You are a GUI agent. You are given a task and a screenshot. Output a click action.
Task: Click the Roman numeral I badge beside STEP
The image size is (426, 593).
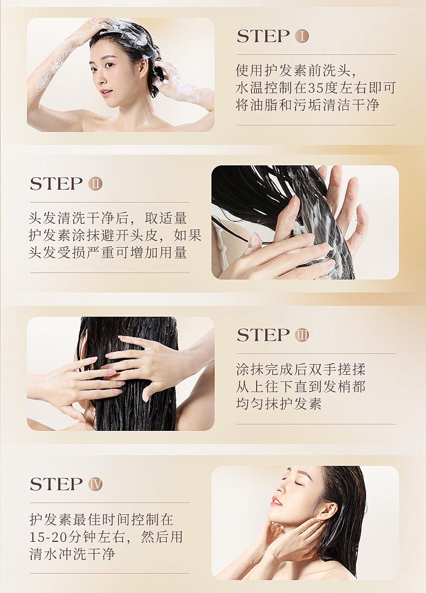(x=302, y=36)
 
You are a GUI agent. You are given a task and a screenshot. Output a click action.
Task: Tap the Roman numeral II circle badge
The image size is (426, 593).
(x=95, y=184)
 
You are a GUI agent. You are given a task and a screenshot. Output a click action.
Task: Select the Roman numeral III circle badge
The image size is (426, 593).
(x=302, y=334)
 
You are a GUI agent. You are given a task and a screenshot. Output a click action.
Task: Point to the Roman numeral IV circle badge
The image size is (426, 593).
(x=95, y=484)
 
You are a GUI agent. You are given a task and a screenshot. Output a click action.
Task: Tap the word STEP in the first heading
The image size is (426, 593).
(x=263, y=36)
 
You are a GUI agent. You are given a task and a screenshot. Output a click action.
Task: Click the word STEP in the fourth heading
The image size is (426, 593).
(x=56, y=484)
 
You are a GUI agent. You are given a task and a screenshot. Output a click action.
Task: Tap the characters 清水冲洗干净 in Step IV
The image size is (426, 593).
(x=72, y=554)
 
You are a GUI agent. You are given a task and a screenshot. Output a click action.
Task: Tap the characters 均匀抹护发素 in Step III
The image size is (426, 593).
(x=279, y=404)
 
